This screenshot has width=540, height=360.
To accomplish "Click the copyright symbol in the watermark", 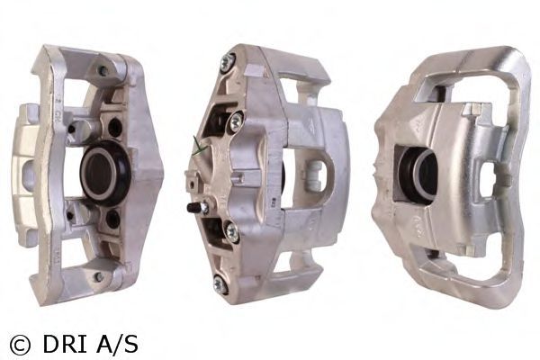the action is pos(20,345).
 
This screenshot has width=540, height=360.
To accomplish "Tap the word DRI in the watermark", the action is pos(65,344).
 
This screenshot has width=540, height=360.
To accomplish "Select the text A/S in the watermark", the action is pos(117,344).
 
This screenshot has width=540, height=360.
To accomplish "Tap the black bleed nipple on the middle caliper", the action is pos(193,208).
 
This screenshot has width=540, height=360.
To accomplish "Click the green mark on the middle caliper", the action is pos(199,147).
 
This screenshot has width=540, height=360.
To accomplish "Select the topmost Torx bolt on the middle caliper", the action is pos(228,62).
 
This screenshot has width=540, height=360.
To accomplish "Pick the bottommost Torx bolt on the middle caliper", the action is pos(220,285).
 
